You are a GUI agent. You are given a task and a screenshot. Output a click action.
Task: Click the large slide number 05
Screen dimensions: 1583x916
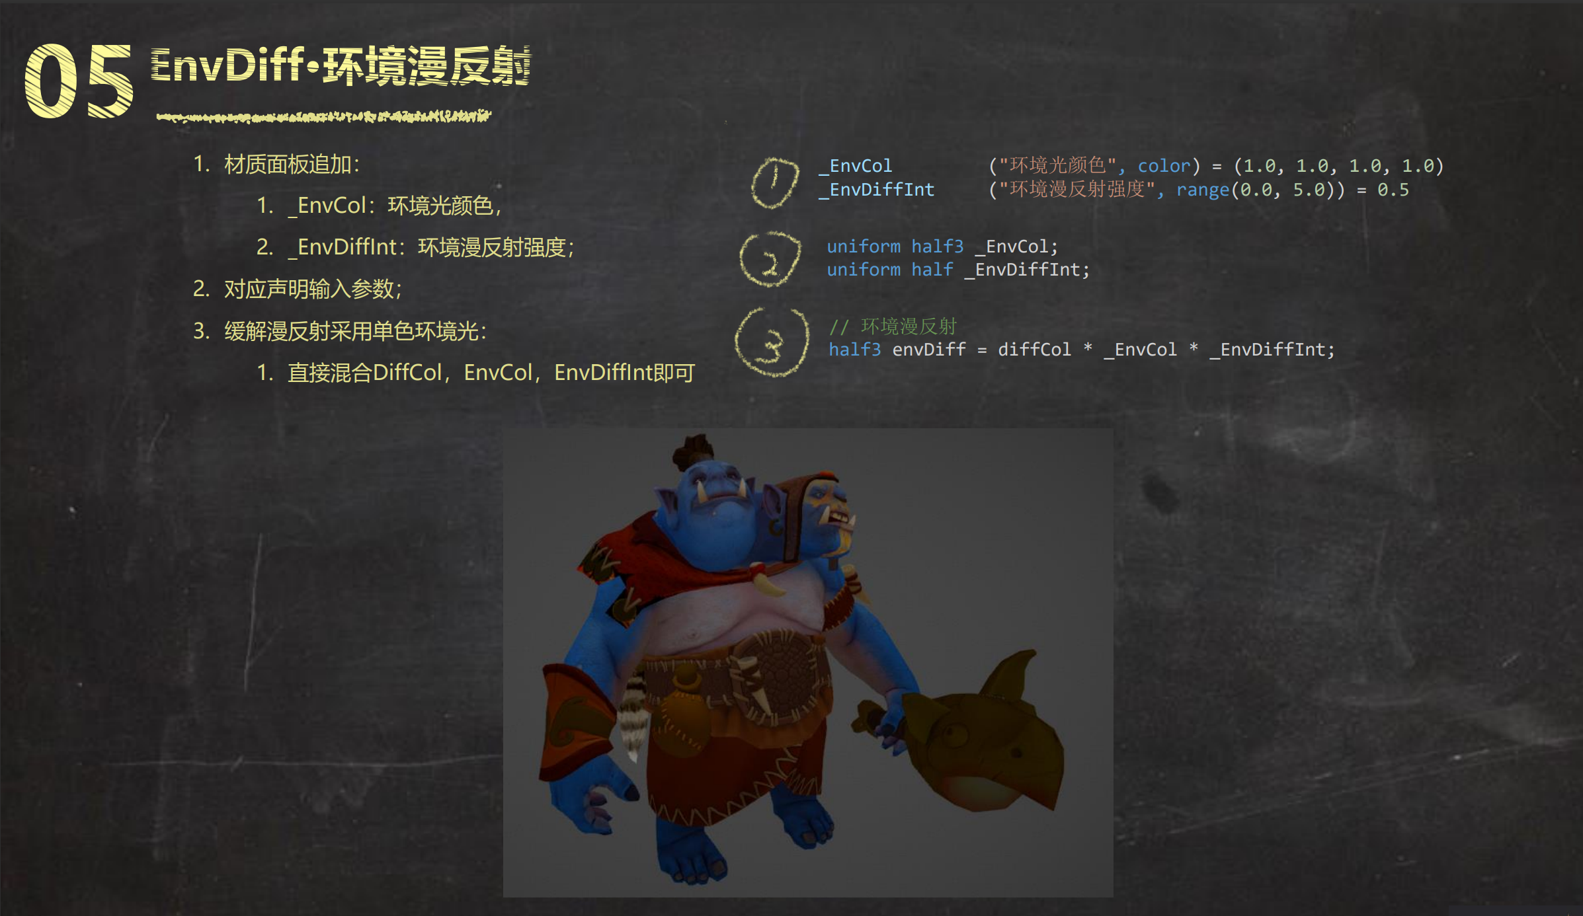(x=79, y=81)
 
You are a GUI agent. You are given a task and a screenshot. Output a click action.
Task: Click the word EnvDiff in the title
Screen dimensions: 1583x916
(x=227, y=65)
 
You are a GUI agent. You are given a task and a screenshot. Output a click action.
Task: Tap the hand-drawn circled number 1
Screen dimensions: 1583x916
(x=774, y=182)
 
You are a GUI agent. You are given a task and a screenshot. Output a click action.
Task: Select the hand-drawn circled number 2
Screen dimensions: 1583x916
(x=770, y=259)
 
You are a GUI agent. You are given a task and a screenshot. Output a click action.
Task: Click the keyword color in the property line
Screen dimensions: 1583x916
(x=1164, y=165)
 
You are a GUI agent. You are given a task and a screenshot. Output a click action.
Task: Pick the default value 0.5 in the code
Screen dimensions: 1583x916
(x=1393, y=190)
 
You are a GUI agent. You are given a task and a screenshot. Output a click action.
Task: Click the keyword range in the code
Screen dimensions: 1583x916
(x=1203, y=190)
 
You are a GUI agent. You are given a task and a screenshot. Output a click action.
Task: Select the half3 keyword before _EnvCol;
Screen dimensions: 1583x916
(x=937, y=247)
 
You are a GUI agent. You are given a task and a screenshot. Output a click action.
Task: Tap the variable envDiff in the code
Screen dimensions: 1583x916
(x=929, y=349)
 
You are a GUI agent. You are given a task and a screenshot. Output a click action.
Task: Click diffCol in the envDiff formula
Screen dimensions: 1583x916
(x=1034, y=349)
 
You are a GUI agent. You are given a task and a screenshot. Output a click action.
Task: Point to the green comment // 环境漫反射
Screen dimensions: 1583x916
(x=893, y=326)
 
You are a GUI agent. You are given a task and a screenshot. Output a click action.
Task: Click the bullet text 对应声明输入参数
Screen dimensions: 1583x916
(x=313, y=289)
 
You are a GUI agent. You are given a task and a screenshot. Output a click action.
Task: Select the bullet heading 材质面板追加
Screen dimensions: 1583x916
(x=292, y=164)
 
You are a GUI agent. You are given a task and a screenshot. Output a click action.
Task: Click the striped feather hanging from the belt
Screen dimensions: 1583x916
(x=633, y=717)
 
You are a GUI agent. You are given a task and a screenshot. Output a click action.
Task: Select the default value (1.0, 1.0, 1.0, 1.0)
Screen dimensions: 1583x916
(x=1339, y=165)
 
